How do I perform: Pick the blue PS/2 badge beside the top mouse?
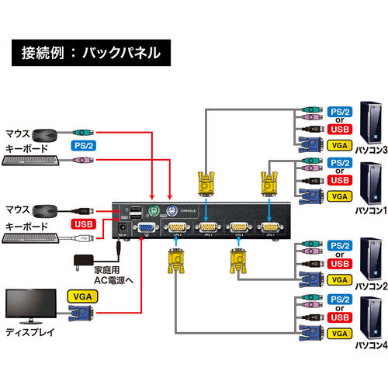tap(85, 145)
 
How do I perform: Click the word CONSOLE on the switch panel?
tap(189, 209)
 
